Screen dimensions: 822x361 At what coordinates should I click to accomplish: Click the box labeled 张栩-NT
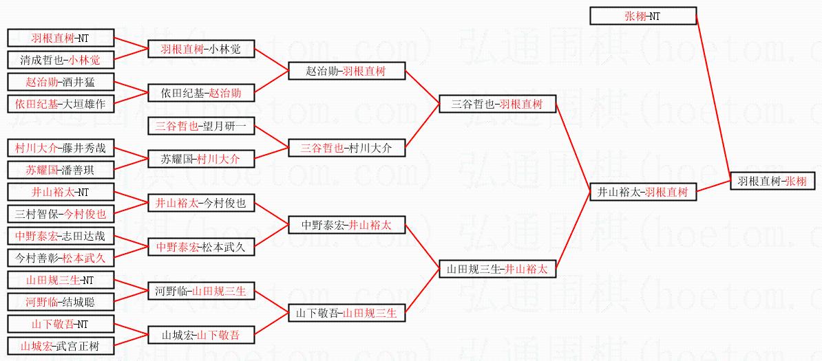(x=643, y=16)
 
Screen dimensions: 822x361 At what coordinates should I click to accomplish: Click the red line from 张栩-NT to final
(x=713, y=96)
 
